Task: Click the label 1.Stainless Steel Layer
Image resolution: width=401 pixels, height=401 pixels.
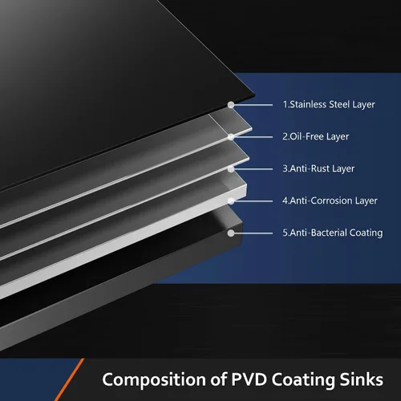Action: coord(329,104)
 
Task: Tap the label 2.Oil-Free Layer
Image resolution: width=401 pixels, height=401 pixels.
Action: coord(316,136)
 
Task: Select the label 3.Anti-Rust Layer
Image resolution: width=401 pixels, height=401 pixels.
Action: coord(318,168)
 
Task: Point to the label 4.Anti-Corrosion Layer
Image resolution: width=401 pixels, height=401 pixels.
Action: coord(330,200)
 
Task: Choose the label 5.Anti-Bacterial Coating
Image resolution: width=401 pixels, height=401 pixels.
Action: coord(333,233)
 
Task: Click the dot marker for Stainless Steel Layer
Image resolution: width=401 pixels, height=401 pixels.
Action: coord(231,105)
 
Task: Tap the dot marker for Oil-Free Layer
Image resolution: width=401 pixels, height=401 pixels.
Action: coord(231,137)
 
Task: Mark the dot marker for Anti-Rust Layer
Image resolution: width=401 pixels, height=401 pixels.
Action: coord(231,169)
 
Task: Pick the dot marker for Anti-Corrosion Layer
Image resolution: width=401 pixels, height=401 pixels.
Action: coord(231,201)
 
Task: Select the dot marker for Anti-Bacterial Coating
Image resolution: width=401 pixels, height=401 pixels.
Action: coord(231,233)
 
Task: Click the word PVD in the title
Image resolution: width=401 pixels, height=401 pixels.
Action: coord(249,379)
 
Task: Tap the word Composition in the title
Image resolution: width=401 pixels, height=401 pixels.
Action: coord(154,380)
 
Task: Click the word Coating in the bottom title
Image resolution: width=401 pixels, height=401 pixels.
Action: coord(303,380)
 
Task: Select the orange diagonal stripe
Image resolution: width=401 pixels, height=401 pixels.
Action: coord(70,379)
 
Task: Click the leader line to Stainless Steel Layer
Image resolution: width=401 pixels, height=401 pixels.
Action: coord(253,105)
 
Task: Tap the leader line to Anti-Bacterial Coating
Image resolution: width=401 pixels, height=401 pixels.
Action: coord(253,233)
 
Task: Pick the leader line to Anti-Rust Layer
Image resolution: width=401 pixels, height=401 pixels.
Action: coord(253,169)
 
